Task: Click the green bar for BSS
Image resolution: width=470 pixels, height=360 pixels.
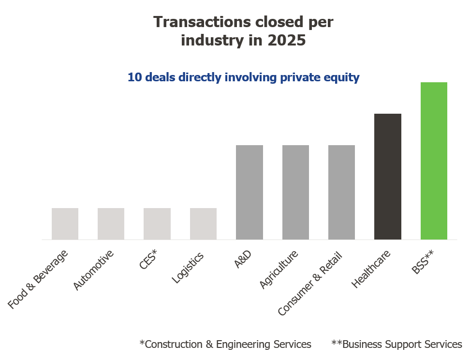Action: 434,161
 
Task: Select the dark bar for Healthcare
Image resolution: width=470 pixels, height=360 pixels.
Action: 388,176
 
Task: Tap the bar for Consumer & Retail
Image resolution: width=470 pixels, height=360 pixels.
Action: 341,192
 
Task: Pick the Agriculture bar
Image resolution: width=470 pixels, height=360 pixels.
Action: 295,192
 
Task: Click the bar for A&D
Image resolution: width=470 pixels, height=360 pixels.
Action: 250,192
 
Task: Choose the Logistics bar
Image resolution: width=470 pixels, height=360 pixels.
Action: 203,224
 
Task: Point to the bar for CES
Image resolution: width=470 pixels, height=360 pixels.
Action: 157,224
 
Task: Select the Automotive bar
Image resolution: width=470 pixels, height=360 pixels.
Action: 111,224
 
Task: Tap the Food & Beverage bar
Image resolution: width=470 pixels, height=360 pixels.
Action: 65,224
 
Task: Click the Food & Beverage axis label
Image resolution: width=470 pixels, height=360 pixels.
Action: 38,279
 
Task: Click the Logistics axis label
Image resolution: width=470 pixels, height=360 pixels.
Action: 188,267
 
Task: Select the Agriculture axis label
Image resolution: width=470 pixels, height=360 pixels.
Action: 279,270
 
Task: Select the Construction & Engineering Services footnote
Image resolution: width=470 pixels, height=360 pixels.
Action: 225,345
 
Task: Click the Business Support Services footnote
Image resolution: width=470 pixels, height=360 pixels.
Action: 397,345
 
